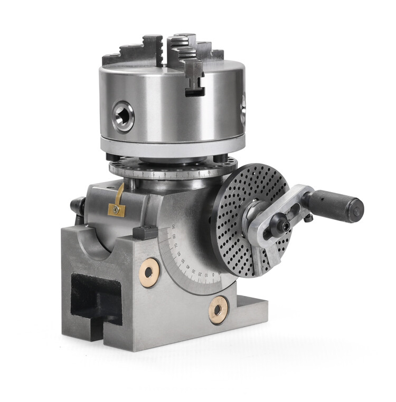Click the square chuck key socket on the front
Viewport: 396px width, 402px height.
coord(123,117)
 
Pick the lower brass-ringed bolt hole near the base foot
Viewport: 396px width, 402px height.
coord(218,309)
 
